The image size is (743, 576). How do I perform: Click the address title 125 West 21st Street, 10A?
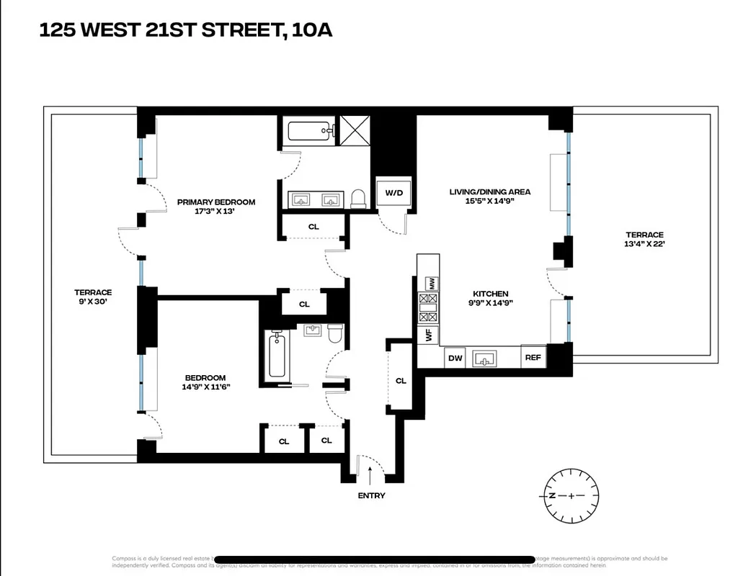pos(185,30)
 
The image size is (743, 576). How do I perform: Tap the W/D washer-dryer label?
pos(394,193)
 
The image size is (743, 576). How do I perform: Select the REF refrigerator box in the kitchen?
pos(533,358)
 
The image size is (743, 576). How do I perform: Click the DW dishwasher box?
pos(455,358)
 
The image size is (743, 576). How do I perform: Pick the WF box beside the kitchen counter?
pos(429,335)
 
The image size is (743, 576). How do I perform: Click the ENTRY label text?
pos(371,495)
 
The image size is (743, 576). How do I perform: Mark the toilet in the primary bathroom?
pos(358,199)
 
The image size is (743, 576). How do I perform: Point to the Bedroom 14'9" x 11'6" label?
pos(205,382)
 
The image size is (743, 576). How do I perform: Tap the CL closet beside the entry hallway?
pos(401,381)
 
